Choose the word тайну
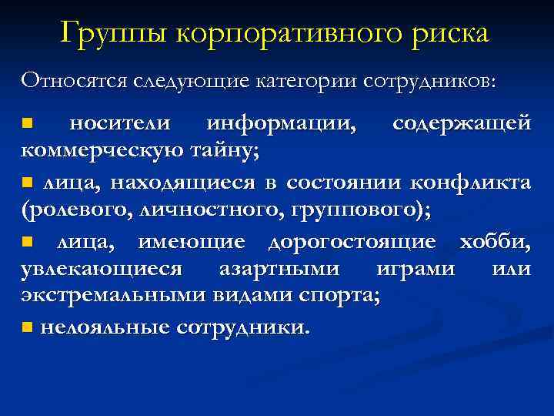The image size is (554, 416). point(223,150)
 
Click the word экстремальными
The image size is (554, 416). point(105,297)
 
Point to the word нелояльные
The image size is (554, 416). point(104,327)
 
